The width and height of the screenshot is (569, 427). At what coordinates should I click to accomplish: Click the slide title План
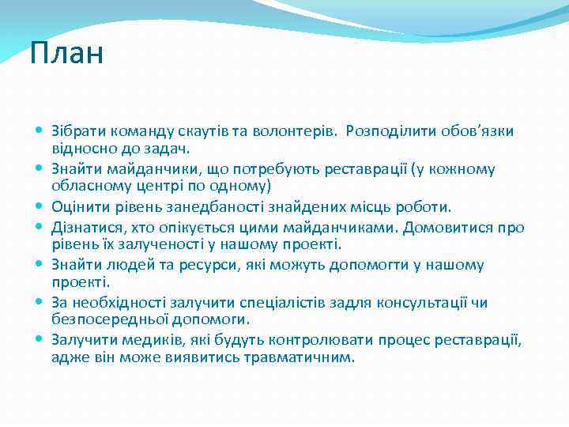coord(66,54)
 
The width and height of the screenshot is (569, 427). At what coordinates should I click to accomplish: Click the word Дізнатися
coord(82,228)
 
